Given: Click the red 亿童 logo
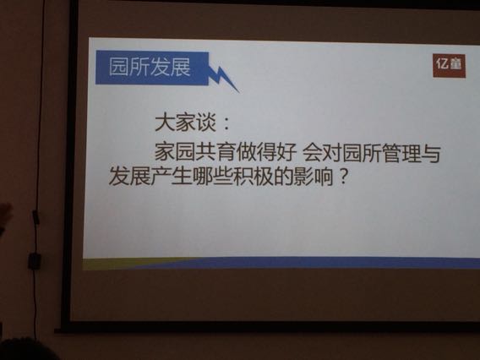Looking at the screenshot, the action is point(449,66).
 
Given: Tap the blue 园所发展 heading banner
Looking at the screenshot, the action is point(152,68).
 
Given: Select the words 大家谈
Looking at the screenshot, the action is point(186,123).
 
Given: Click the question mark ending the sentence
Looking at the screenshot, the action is point(343,176).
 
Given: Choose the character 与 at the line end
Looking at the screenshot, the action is point(431,154).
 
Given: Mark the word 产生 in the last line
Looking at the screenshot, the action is point(171,176).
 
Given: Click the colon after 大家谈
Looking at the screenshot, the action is point(226,123).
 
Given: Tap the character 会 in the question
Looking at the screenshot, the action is point(312,152).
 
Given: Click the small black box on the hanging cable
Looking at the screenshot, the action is point(34,261).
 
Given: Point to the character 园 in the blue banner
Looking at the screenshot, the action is point(118,67).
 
